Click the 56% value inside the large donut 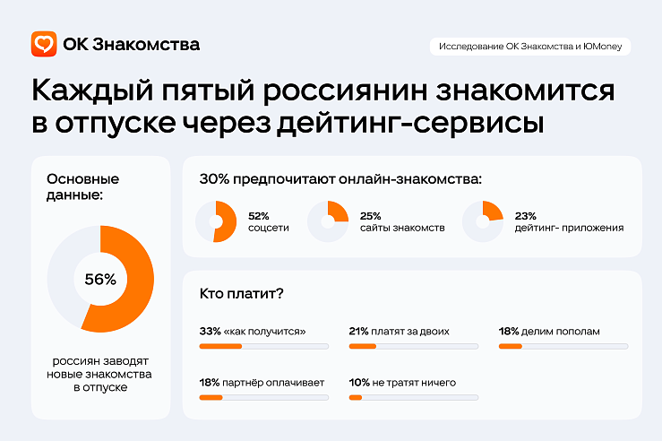click(100, 279)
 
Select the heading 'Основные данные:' click(82, 187)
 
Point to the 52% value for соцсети click(259, 216)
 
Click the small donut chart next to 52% click(215, 222)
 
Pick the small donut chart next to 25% click(327, 222)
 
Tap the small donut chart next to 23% click(483, 222)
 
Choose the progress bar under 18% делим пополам click(563, 346)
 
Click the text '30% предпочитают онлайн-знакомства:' click(341, 179)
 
